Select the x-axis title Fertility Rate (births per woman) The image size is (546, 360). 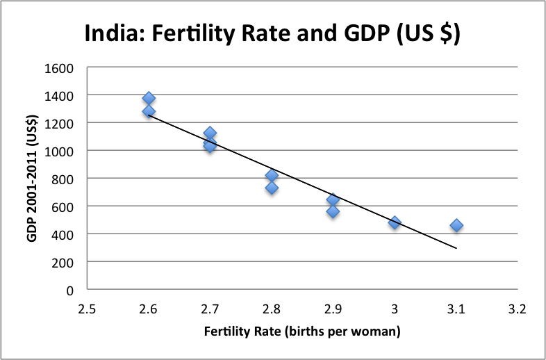tap(301, 332)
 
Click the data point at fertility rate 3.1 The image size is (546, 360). tap(456, 225)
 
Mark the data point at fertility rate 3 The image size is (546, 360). tap(395, 222)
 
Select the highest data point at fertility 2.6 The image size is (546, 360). tap(149, 98)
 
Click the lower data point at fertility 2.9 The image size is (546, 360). tap(333, 211)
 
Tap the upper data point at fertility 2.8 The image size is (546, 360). tap(272, 175)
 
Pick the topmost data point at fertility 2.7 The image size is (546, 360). tap(210, 133)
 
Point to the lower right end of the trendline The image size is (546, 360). tap(456, 247)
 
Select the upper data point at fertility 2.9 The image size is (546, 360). tap(333, 199)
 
